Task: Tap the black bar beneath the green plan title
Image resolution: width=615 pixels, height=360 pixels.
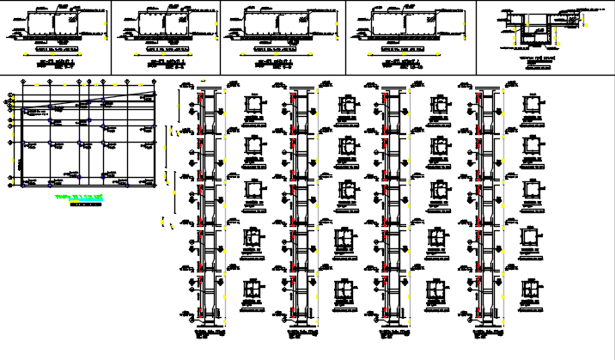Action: tap(84, 204)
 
